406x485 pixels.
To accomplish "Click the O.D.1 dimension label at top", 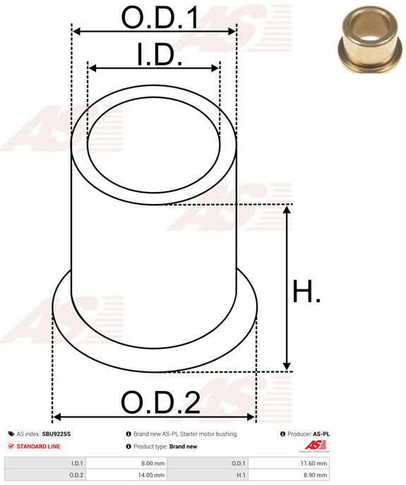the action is click(x=160, y=18).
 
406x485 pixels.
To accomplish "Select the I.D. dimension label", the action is click(x=160, y=54).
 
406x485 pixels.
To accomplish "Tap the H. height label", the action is click(x=306, y=292).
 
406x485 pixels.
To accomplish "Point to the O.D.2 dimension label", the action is click(x=160, y=402).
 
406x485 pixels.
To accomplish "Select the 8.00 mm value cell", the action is click(x=126, y=463).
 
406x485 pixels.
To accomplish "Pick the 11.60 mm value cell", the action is click(x=288, y=463).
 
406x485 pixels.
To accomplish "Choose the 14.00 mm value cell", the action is click(x=126, y=475).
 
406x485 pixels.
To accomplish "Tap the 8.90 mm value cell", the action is click(x=288, y=475).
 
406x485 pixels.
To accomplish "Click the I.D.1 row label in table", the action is click(x=77, y=463).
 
